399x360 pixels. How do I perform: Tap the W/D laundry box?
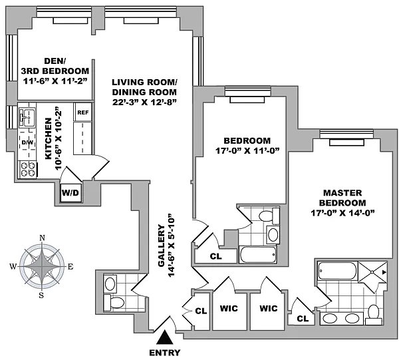(70, 193)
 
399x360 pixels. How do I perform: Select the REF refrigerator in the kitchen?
(83, 112)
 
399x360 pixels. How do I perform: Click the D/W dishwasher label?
(28, 143)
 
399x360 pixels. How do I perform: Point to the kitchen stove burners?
(28, 168)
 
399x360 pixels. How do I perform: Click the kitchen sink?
(28, 118)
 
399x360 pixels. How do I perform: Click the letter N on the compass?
(42, 238)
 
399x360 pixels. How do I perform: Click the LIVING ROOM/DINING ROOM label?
(145, 92)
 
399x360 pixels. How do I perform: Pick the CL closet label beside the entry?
(201, 309)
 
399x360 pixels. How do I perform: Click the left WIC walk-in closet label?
(229, 309)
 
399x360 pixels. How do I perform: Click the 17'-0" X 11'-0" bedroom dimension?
(247, 151)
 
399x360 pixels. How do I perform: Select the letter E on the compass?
(70, 267)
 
